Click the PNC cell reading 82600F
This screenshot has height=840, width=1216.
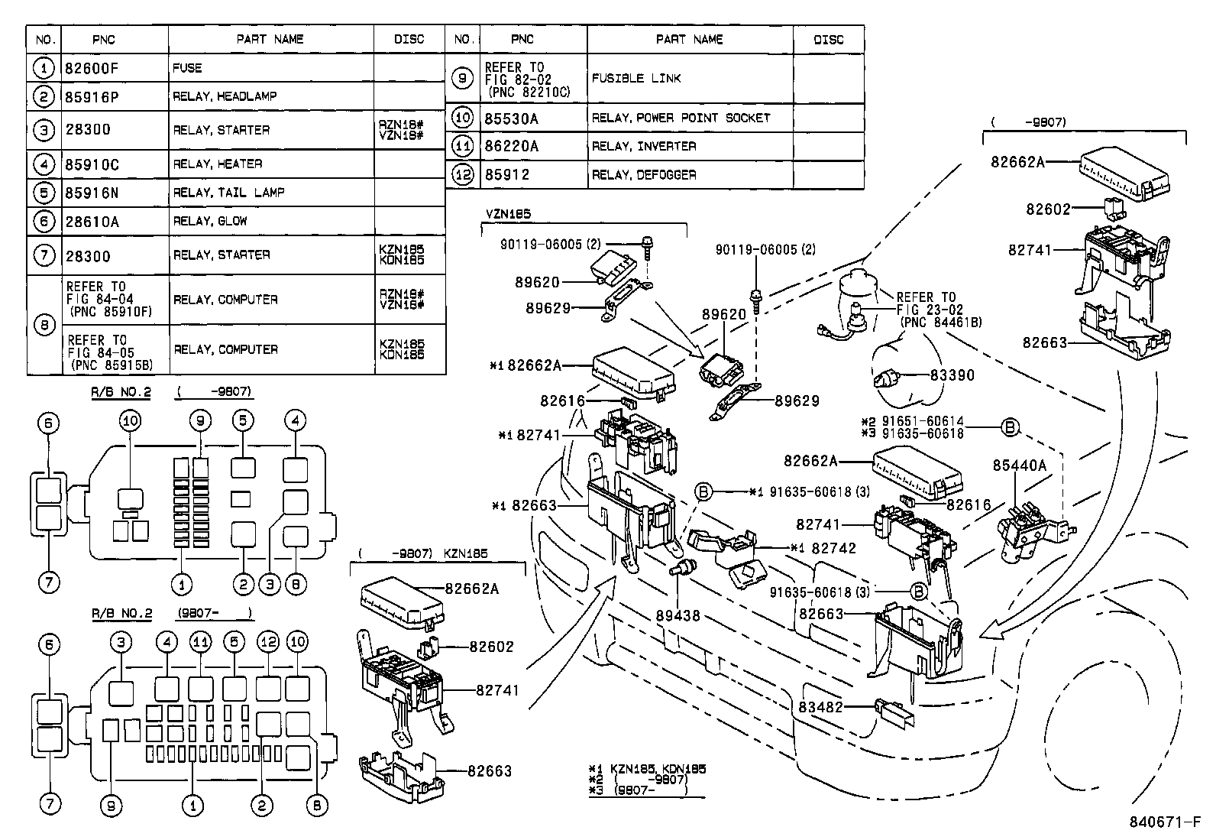coord(95,68)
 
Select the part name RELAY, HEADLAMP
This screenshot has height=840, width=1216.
coord(225,96)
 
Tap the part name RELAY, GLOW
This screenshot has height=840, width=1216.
coord(210,221)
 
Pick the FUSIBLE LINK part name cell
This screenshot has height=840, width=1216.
coord(636,79)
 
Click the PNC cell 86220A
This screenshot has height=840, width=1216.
coord(512,146)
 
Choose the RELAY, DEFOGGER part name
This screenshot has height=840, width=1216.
coord(644,175)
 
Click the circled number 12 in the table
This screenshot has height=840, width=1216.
coord(463,175)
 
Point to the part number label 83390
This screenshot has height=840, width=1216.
coord(952,375)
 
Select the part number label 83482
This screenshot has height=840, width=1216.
coord(820,707)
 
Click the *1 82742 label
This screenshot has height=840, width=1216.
coord(823,548)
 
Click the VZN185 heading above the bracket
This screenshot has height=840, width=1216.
coord(507,215)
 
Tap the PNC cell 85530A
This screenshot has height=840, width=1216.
coord(512,118)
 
